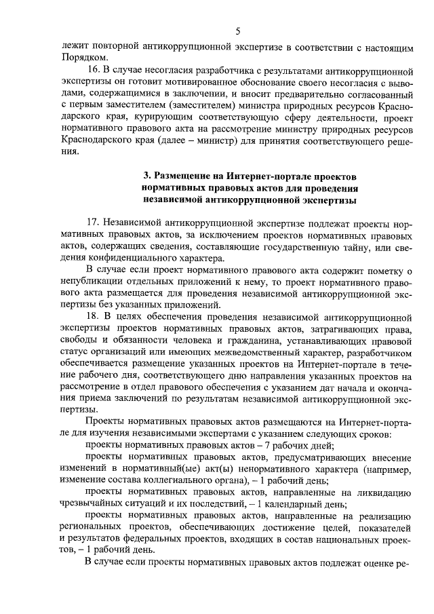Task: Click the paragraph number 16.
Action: tap(95, 70)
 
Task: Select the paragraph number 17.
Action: tap(95, 223)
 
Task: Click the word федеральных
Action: tap(184, 540)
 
